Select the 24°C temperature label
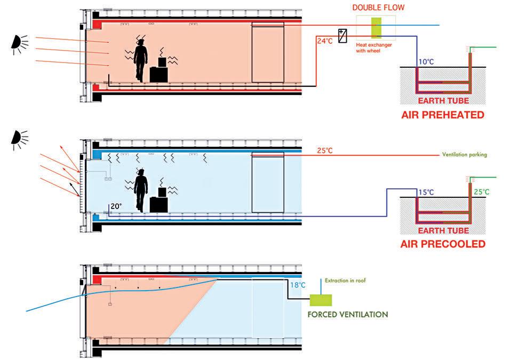pyautogui.click(x=325, y=40)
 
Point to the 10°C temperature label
pyautogui.click(x=426, y=62)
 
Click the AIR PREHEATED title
pyautogui.click(x=443, y=115)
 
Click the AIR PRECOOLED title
pyautogui.click(x=443, y=244)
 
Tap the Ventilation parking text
pyautogui.click(x=464, y=155)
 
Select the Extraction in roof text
pyautogui.click(x=346, y=280)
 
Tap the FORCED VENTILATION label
pyautogui.click(x=347, y=314)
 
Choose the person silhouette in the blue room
pyautogui.click(x=140, y=189)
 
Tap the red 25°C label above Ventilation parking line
pyautogui.click(x=325, y=151)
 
